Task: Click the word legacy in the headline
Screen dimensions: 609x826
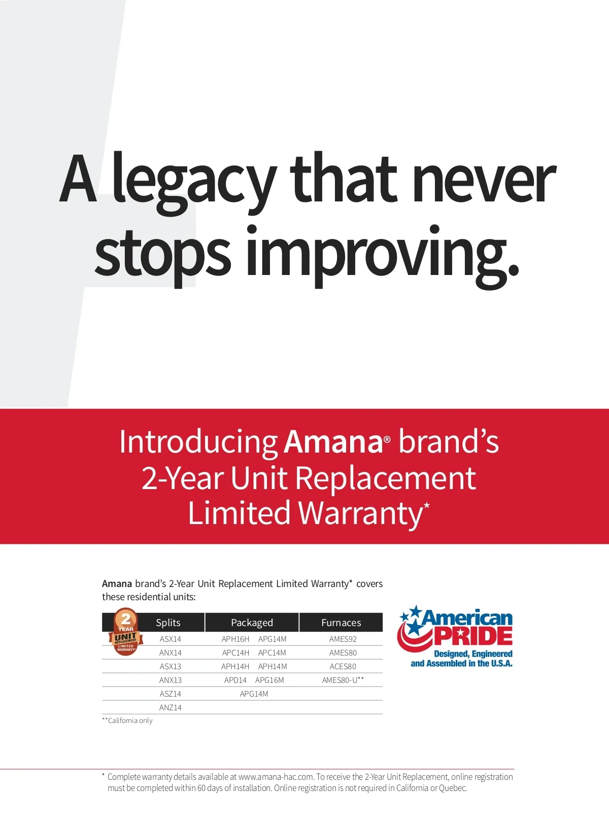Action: click(194, 183)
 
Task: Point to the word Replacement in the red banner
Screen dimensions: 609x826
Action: click(386, 478)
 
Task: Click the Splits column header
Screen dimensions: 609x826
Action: click(168, 623)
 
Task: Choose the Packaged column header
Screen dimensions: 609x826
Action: click(252, 623)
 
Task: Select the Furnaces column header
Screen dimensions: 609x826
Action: click(341, 623)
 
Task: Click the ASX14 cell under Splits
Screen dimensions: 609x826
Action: click(171, 639)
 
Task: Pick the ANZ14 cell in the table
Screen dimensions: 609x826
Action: click(171, 707)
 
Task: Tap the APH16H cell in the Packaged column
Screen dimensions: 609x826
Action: click(235, 639)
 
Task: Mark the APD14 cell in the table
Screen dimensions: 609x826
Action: click(235, 680)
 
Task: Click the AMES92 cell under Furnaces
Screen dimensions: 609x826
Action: click(343, 639)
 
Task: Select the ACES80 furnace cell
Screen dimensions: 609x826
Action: click(343, 666)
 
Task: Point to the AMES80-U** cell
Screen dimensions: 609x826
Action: click(343, 680)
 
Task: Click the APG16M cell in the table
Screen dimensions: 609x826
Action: click(269, 680)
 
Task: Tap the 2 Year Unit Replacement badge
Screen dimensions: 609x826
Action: click(126, 631)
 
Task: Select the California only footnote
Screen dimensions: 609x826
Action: click(127, 720)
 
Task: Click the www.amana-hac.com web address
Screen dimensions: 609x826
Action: click(276, 777)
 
